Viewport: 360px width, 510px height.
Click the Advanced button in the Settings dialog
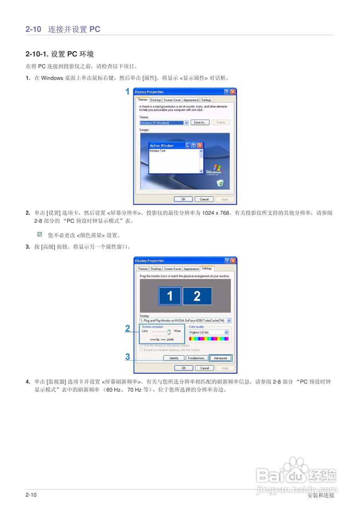[220, 358]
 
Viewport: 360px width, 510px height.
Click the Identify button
[174, 358]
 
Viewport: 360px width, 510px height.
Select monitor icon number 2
[197, 296]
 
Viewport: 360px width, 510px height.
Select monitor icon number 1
[170, 296]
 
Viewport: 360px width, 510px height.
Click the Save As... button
[200, 123]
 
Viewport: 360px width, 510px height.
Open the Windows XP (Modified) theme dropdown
[186, 123]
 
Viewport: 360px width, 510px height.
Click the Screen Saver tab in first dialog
[172, 100]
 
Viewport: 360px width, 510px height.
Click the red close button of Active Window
[200, 146]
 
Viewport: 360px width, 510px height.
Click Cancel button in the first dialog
[204, 199]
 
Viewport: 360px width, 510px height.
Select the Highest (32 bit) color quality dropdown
[209, 332]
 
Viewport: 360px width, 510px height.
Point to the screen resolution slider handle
[169, 331]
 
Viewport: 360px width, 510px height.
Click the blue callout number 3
[128, 357]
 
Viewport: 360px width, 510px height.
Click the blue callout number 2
[128, 329]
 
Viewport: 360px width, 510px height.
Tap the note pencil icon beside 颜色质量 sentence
[39, 234]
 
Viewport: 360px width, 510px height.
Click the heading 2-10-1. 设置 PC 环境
[59, 54]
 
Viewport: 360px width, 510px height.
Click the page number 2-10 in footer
[31, 495]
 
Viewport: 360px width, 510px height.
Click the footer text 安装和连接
[321, 495]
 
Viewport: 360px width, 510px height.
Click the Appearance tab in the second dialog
[191, 269]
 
